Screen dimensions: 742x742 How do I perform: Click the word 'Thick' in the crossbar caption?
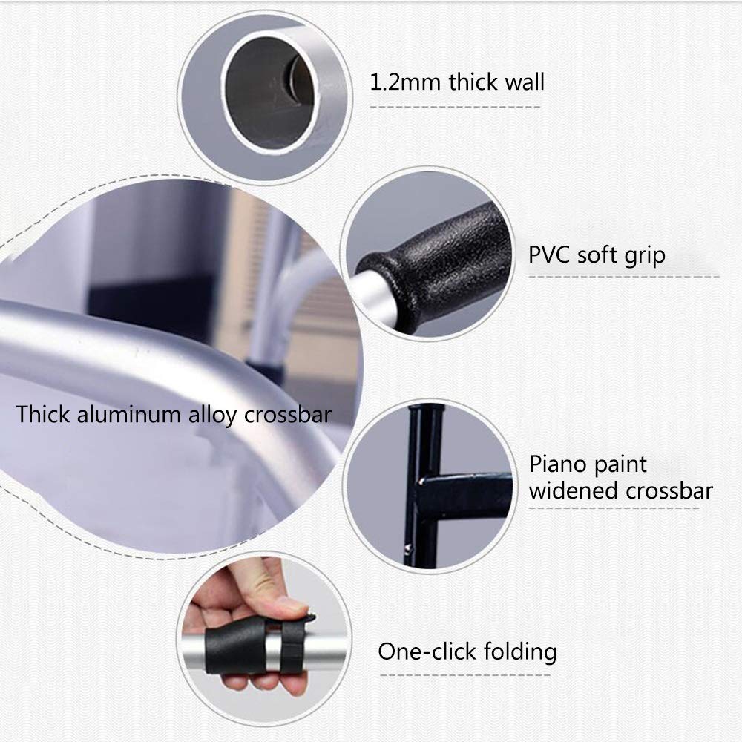click(x=44, y=414)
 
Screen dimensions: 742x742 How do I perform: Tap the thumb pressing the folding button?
click(x=284, y=605)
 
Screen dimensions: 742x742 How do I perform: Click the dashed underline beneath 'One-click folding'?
click(x=465, y=675)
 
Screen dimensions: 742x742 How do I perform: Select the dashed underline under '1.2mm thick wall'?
click(x=455, y=107)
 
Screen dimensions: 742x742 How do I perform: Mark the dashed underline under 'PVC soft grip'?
click(x=624, y=276)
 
